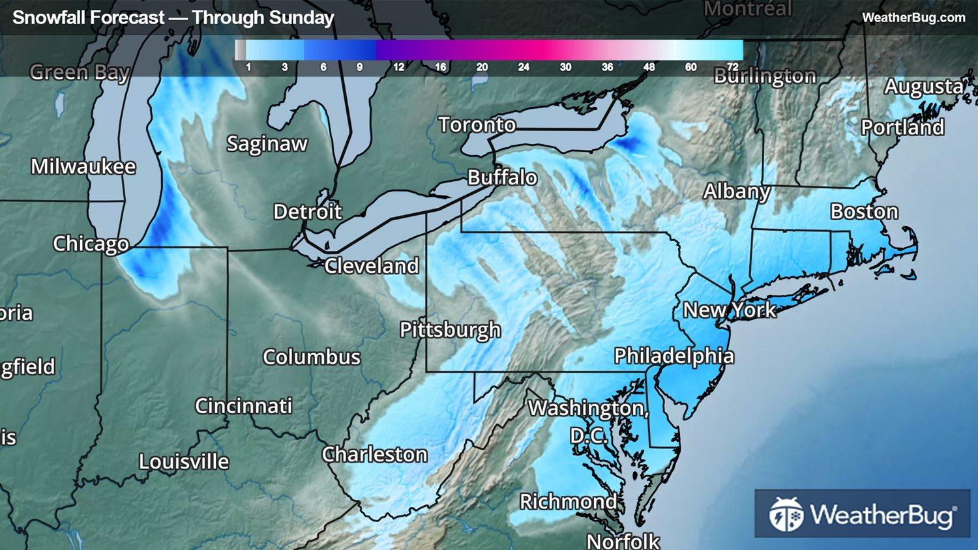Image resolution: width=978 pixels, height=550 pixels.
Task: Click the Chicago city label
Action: (x=91, y=244)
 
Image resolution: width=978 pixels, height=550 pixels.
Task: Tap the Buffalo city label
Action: (x=502, y=177)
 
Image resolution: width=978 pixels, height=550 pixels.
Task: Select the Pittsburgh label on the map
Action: (x=450, y=330)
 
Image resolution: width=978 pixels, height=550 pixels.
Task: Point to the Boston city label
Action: (x=864, y=212)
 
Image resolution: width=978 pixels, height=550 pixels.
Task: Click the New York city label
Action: (x=729, y=310)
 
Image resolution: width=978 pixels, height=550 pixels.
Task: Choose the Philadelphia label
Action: (x=674, y=356)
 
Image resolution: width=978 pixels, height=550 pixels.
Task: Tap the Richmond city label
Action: (x=567, y=501)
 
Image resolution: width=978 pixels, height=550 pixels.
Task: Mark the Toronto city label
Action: (x=477, y=124)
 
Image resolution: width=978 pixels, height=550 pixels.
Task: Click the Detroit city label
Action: (x=307, y=212)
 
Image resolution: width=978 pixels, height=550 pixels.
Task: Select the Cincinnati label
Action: (x=243, y=406)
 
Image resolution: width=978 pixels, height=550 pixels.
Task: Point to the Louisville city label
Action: (x=184, y=462)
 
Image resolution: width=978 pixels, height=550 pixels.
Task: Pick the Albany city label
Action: (x=736, y=192)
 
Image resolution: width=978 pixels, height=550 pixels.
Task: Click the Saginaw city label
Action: (x=267, y=143)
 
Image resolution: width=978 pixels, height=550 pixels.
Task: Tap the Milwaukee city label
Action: (x=83, y=167)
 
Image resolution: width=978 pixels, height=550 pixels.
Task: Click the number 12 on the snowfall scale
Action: (x=398, y=67)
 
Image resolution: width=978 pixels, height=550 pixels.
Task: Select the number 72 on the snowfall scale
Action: (x=732, y=67)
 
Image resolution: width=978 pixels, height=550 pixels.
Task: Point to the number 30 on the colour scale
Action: (x=565, y=67)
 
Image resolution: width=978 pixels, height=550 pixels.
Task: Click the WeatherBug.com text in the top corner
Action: (x=913, y=18)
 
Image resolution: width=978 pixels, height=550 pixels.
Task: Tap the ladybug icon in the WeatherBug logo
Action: (x=786, y=514)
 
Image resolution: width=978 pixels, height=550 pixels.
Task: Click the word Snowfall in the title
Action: (x=46, y=18)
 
